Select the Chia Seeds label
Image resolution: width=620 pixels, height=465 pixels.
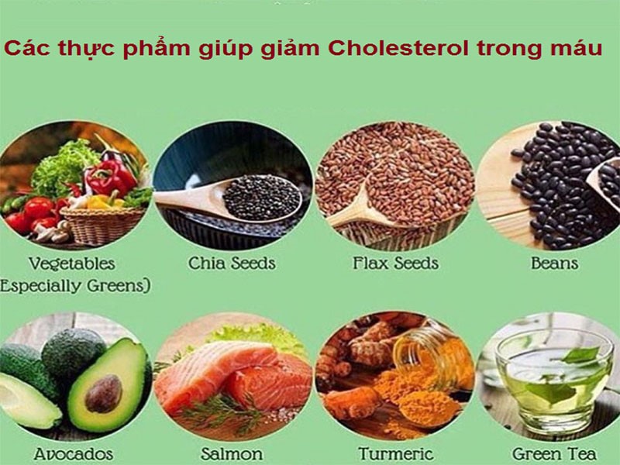[232, 263]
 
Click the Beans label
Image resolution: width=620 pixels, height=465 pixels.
[554, 263]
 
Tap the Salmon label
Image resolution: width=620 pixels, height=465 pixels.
[231, 453]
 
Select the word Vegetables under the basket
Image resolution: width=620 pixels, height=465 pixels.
[71, 263]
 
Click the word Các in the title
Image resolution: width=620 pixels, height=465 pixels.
[23, 49]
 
